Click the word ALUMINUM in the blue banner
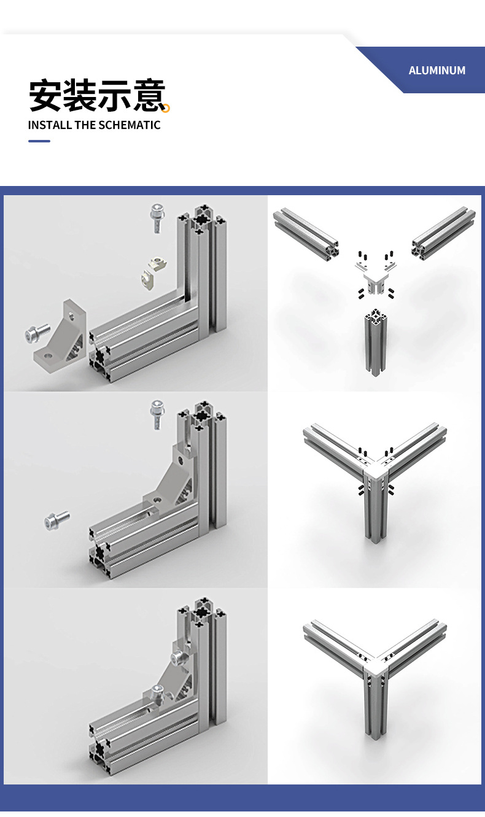click(x=437, y=71)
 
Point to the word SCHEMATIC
click(x=130, y=125)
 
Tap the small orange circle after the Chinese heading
click(x=166, y=108)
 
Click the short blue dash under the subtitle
click(x=39, y=141)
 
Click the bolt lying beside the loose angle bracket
click(x=37, y=332)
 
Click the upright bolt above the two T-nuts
click(x=157, y=219)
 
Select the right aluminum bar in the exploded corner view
click(x=443, y=233)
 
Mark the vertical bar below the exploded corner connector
click(x=376, y=343)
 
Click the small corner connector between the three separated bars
click(x=375, y=284)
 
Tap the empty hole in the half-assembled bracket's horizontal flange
click(x=157, y=500)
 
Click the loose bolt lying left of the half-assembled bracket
click(x=57, y=520)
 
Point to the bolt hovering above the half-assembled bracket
click(x=157, y=415)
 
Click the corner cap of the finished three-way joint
click(x=376, y=667)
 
